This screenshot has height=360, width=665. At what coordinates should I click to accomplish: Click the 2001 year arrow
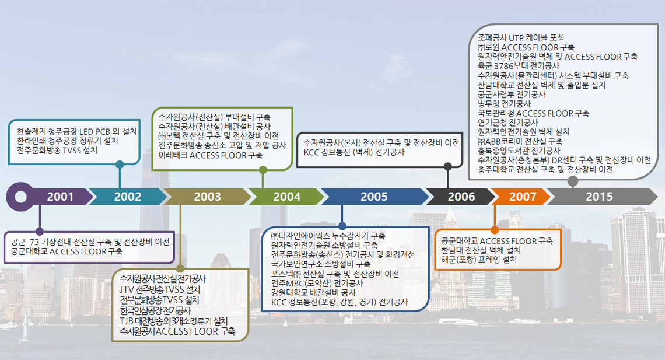[60, 197]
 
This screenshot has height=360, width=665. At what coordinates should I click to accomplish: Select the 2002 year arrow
[127, 197]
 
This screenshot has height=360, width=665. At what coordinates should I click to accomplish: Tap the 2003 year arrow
[207, 197]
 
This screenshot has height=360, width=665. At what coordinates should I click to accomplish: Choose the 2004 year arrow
[286, 197]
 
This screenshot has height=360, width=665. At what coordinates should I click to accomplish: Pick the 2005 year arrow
[374, 197]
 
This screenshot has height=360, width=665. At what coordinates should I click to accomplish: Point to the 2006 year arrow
[461, 197]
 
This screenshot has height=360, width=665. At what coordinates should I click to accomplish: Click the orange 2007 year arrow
[522, 197]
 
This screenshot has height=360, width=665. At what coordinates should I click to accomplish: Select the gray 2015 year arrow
[599, 197]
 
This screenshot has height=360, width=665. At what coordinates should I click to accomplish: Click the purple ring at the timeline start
[20, 196]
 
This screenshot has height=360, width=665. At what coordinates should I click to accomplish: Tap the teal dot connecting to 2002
[120, 165]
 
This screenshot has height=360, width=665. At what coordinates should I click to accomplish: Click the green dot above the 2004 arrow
[263, 170]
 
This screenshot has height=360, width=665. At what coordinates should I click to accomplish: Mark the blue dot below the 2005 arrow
[342, 225]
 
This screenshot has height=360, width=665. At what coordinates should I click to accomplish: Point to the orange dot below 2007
[495, 229]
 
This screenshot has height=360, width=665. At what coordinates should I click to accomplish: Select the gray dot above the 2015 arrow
[573, 181]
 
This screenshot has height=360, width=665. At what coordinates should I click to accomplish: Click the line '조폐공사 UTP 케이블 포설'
[521, 38]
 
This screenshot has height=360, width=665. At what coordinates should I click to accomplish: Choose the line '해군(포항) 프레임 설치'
[479, 259]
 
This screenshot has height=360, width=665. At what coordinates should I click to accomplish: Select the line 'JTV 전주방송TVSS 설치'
[160, 289]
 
